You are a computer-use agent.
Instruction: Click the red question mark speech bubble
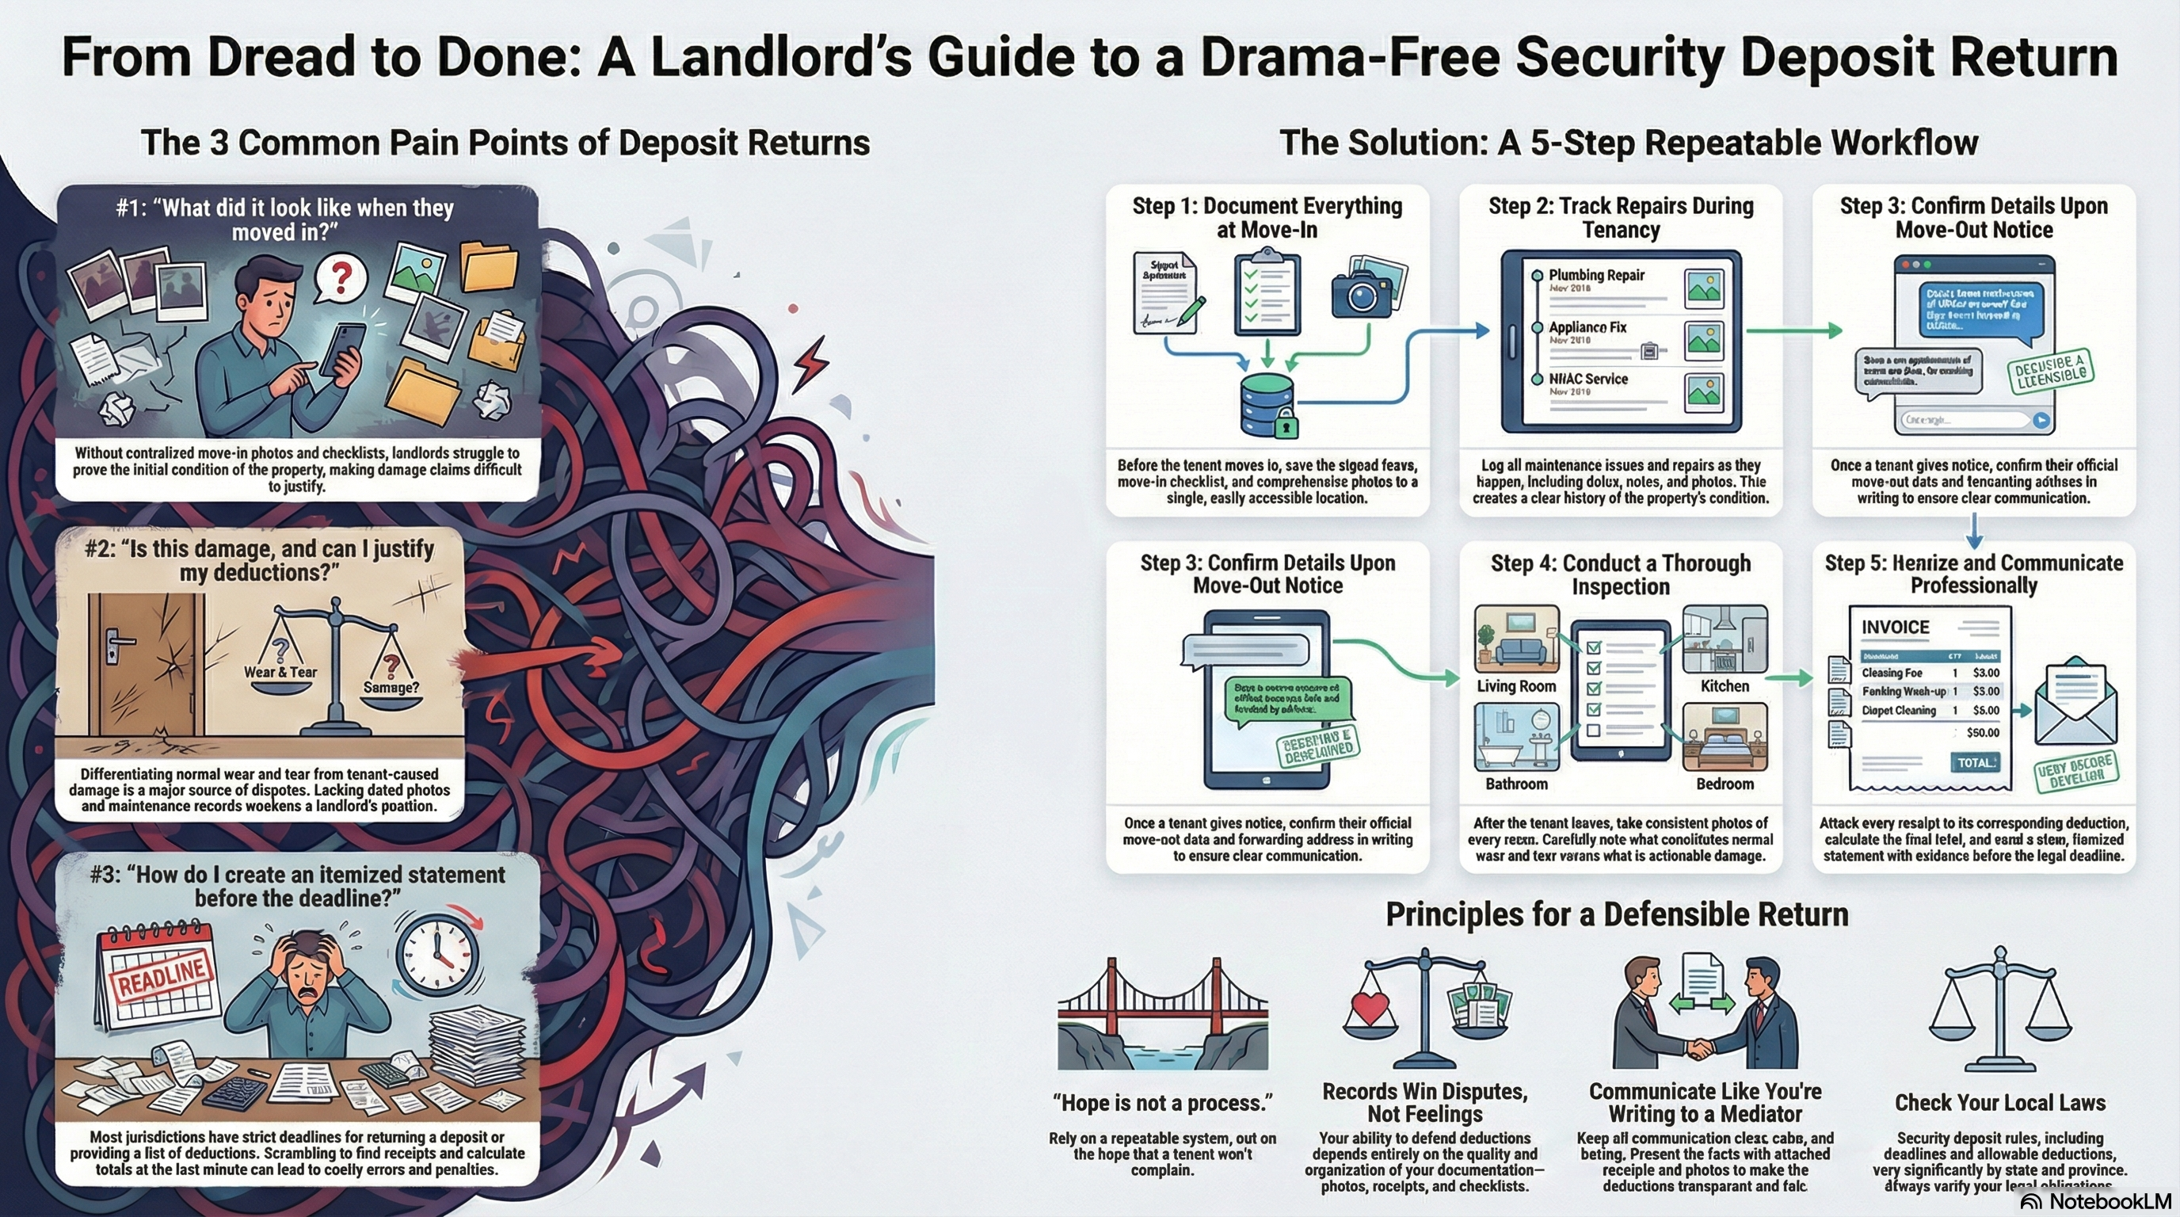[x=341, y=277]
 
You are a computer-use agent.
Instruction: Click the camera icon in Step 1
[x=1365, y=289]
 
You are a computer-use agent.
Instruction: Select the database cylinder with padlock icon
[x=1267, y=405]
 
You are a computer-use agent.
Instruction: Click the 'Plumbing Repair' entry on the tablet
[x=1596, y=275]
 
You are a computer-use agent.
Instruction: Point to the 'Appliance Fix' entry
[x=1587, y=327]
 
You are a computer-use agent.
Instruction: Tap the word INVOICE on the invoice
[x=1895, y=627]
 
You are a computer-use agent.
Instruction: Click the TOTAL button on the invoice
[x=1976, y=762]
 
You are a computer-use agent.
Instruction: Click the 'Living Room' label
[x=1515, y=686]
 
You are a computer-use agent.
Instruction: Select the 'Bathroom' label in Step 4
[x=1515, y=784]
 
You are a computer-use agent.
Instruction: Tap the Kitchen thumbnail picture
[x=1724, y=639]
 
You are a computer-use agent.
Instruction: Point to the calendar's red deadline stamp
[x=161, y=977]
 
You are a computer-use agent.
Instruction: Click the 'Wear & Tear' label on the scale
[x=280, y=672]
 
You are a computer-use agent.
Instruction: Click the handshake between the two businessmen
[x=1700, y=1048]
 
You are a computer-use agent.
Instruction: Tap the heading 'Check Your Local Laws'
[x=1999, y=1103]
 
